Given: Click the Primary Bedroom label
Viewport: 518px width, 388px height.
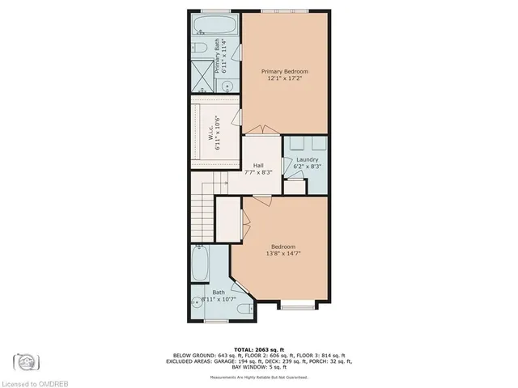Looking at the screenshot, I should (284, 72).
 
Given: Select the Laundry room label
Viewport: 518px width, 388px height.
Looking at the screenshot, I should (308, 159).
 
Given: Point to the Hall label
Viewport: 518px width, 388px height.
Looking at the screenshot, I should (258, 165).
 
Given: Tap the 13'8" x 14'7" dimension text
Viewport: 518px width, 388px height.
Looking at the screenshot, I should (282, 254).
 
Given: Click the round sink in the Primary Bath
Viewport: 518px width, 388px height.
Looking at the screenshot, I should (228, 82).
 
